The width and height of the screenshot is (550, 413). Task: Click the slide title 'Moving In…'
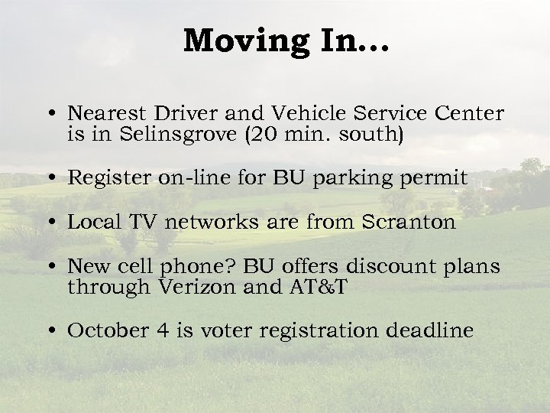286,41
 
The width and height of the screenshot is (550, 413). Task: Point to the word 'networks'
205,223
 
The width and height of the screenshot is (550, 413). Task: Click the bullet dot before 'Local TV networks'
50,223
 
